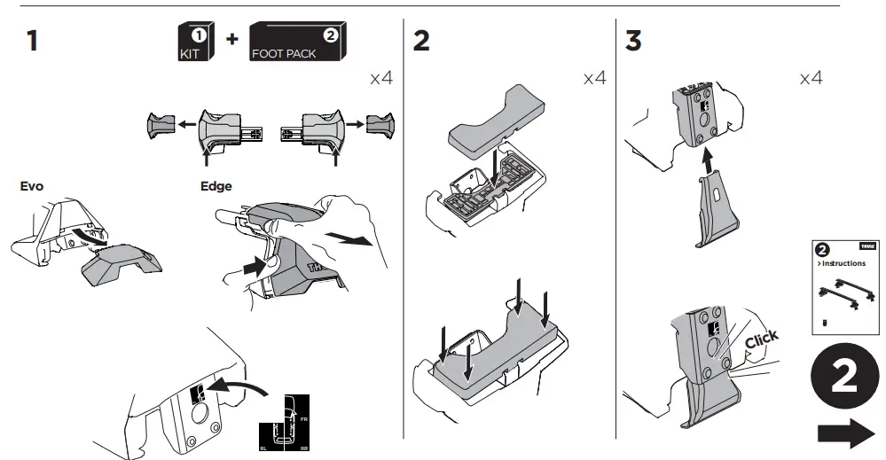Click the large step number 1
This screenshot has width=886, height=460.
click(32, 41)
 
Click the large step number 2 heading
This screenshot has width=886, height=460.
click(421, 41)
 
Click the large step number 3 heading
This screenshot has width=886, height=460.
click(633, 41)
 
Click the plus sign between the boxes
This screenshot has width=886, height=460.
click(231, 42)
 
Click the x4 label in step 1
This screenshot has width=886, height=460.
click(380, 79)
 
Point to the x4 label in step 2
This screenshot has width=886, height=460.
click(594, 79)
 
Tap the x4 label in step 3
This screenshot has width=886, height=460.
click(811, 79)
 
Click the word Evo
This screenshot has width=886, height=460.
click(31, 187)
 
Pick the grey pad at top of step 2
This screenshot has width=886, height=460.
click(498, 113)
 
